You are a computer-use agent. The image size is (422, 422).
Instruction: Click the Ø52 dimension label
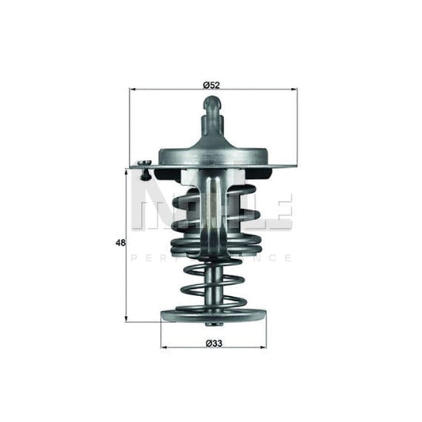tap(211, 84)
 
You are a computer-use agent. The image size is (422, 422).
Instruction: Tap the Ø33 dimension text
tap(211, 343)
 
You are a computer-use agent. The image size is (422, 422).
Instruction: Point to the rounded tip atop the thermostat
tap(212, 102)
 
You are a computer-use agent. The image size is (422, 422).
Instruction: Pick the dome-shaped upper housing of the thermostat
tap(212, 147)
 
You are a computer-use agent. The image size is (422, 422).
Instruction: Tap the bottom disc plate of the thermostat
tap(212, 316)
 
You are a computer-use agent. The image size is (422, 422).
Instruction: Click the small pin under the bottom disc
tap(211, 325)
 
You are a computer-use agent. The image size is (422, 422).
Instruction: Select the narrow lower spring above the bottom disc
tap(211, 285)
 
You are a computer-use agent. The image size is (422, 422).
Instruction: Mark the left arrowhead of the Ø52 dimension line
tap(132, 90)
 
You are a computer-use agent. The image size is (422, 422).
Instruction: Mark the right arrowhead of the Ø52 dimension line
tap(295, 90)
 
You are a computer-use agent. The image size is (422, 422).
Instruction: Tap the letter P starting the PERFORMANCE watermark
tap(133, 258)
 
